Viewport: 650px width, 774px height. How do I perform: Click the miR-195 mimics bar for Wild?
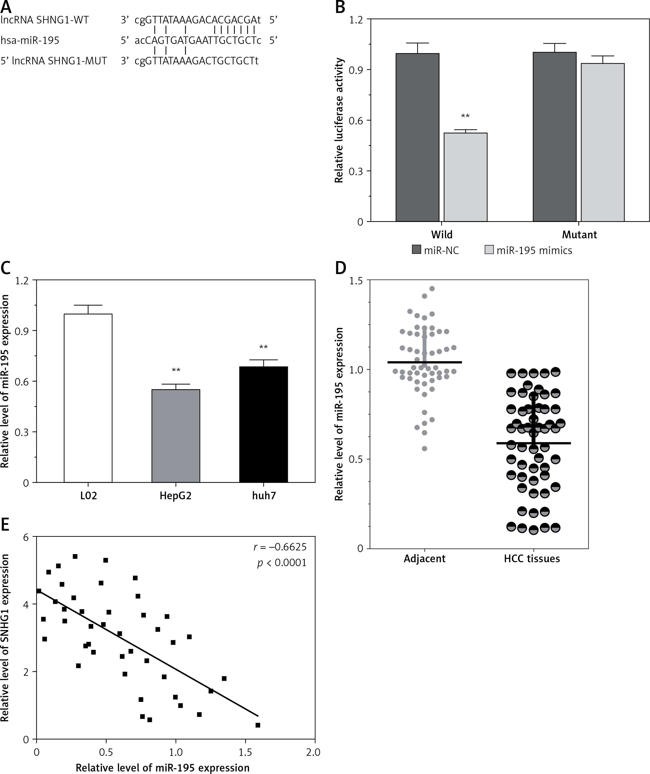pos(465,177)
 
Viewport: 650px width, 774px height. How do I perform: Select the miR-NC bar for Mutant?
pos(554,137)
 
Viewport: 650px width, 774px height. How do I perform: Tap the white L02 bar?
pos(88,398)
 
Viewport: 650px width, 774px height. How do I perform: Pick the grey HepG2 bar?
pos(176,436)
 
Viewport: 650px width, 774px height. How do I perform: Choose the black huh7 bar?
pos(263,424)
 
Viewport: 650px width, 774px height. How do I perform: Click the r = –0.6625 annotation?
pos(280,547)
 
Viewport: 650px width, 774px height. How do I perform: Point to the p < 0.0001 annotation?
pos(282,563)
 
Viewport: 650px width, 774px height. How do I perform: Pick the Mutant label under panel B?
pos(579,234)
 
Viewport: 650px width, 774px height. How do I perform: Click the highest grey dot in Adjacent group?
pos(432,289)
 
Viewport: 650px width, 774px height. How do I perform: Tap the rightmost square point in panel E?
pos(258,725)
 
